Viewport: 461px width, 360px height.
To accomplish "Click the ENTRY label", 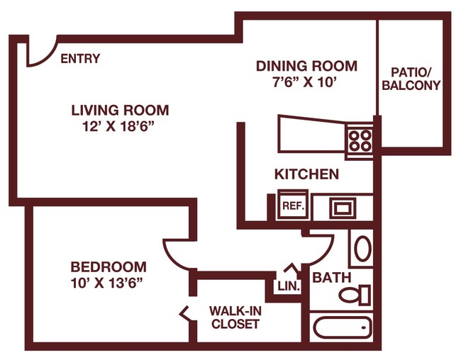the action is click(80, 59).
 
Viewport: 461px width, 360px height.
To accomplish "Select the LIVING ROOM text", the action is click(121, 111).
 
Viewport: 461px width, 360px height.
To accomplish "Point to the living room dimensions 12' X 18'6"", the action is click(118, 127).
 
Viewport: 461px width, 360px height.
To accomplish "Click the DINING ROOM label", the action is click(306, 66).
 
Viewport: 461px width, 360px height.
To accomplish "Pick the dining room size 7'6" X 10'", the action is click(304, 82).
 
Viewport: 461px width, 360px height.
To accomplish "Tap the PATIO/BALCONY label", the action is click(411, 79).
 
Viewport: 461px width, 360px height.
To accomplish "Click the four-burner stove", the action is click(360, 140).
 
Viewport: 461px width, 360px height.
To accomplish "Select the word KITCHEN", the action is click(306, 174).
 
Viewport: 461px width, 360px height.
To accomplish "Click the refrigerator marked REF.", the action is click(293, 205).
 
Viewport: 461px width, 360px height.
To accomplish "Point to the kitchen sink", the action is click(343, 208).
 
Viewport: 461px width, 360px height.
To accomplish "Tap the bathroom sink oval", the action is click(363, 248).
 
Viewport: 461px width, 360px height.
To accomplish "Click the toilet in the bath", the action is click(355, 295).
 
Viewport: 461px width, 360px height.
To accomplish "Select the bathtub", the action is click(343, 327).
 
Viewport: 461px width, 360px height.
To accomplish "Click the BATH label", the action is click(332, 277).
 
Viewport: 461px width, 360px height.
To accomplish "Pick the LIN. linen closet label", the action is click(289, 286).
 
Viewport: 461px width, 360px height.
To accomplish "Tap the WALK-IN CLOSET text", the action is click(235, 317).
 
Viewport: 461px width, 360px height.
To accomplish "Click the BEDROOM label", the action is click(109, 267).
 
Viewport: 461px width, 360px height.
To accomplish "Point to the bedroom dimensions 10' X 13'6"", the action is click(106, 283).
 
